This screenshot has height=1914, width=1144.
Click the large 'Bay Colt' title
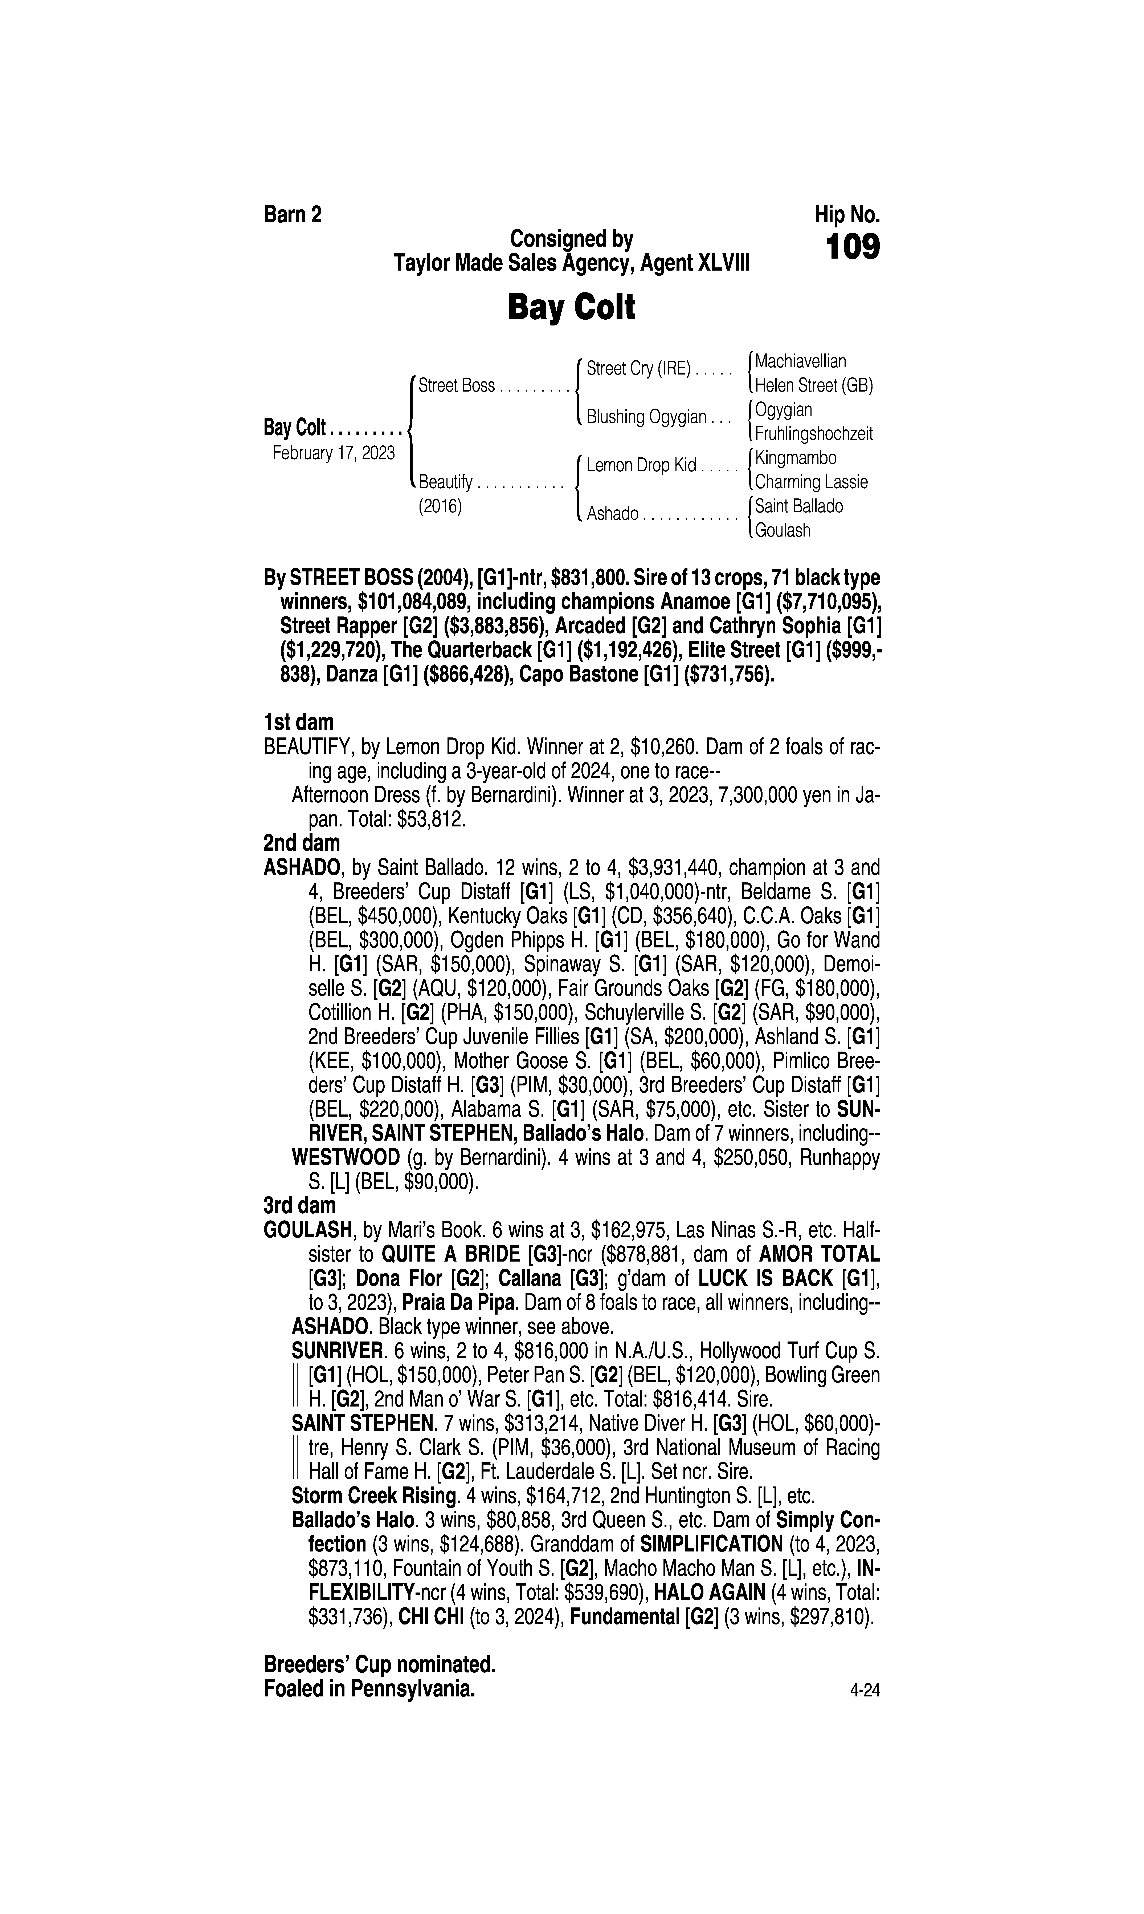coord(571,308)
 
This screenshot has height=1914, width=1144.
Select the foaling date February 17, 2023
coord(334,453)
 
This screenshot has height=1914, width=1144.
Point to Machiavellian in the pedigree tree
coord(800,361)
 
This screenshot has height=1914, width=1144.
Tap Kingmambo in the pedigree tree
coord(796,458)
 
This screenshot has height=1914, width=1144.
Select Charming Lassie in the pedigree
coord(811,483)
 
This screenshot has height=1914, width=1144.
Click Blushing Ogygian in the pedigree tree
coord(646,417)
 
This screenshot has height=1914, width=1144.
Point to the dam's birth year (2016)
coord(439,507)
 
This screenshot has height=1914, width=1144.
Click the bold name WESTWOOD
coord(345,1157)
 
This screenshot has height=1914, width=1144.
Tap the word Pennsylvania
coord(412,1689)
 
